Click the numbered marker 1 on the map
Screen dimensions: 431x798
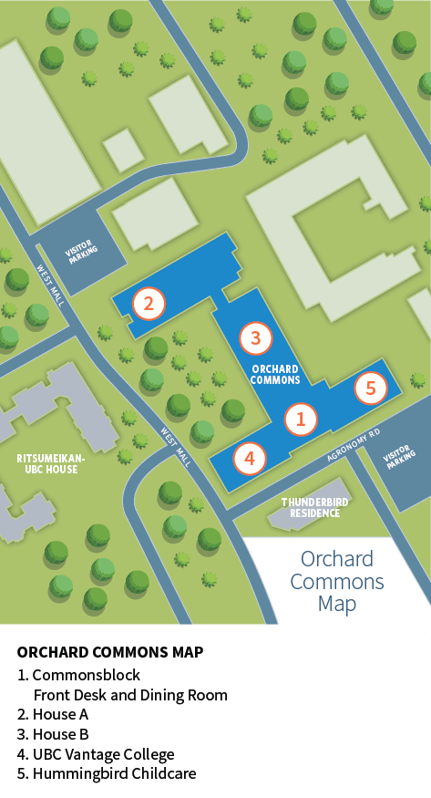(x=301, y=419)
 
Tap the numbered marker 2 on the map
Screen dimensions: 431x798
(x=149, y=304)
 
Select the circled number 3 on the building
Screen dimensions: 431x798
(x=256, y=337)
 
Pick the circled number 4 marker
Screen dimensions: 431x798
(x=250, y=458)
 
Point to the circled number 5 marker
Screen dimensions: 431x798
(x=371, y=388)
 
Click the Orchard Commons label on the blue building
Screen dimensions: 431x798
(x=275, y=374)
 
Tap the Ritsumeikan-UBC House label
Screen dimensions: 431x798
(x=51, y=463)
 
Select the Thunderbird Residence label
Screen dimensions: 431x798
(x=315, y=507)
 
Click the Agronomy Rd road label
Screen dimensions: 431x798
(x=354, y=445)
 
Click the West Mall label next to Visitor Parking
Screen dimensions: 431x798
(x=50, y=285)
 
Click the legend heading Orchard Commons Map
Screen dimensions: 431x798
(x=110, y=652)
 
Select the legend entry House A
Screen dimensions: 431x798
(x=53, y=714)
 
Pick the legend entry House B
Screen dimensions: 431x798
(x=53, y=734)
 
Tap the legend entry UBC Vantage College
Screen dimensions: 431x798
(x=96, y=754)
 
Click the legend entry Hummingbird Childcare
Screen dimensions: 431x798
(x=107, y=773)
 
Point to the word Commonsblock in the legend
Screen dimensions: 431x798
(x=87, y=675)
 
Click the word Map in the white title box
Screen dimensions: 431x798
(x=337, y=604)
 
